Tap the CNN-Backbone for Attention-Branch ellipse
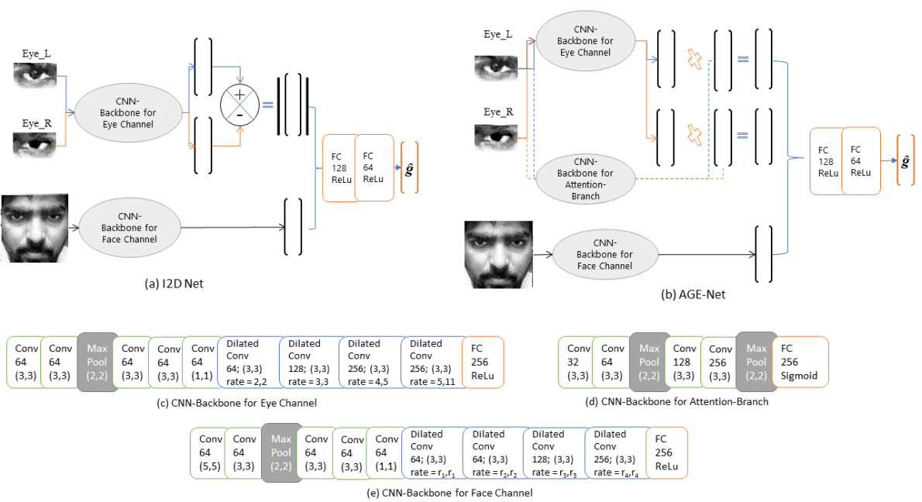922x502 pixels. pyautogui.click(x=584, y=179)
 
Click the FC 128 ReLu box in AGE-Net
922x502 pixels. pyautogui.click(x=825, y=160)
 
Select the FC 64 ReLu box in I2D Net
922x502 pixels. pyautogui.click(x=373, y=168)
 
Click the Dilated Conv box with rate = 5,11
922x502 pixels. pyautogui.click(x=432, y=362)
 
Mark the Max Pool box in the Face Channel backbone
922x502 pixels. pyautogui.click(x=280, y=452)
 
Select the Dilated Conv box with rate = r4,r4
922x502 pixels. pyautogui.click(x=615, y=452)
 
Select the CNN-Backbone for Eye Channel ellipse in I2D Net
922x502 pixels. pyautogui.click(x=128, y=112)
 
